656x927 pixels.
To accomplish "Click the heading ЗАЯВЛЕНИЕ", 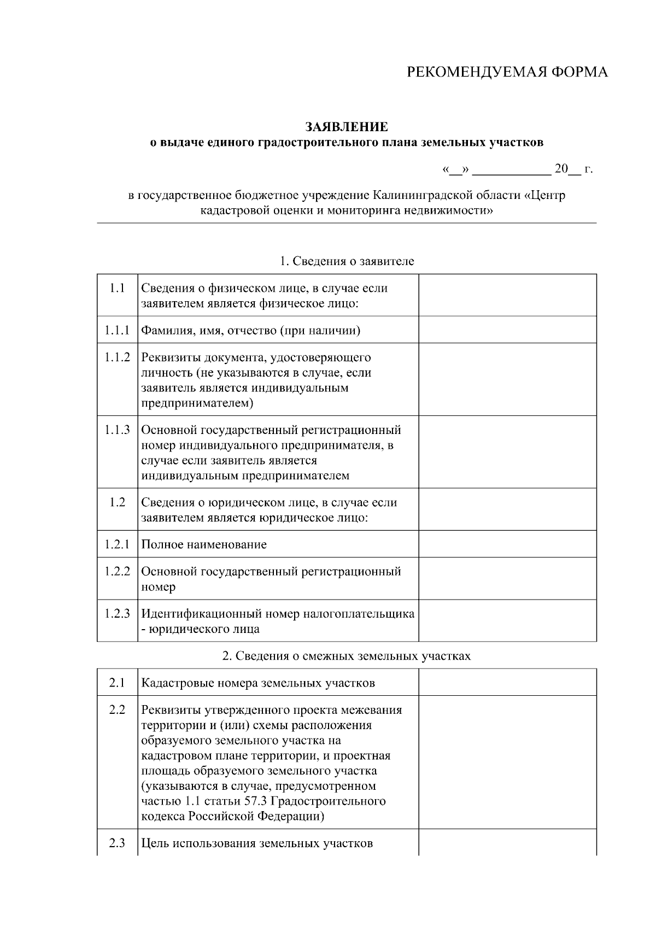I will [347, 127].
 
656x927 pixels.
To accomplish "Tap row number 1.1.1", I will [117, 330].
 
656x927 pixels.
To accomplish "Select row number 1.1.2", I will [117, 357].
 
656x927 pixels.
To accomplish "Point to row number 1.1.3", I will [117, 430].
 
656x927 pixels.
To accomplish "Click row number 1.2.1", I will [117, 544].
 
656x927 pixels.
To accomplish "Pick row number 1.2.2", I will [117, 571].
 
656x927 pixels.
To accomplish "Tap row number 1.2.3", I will [117, 614].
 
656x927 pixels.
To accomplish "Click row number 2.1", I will [117, 683].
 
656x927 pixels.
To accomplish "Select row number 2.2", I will [117, 710].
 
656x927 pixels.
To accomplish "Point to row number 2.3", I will [117, 843].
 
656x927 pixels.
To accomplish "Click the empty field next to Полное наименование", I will [507, 544].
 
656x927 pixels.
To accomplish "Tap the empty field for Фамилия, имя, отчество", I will [507, 330].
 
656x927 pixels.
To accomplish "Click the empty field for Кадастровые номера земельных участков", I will [507, 683].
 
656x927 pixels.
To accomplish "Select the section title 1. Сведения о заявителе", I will [347, 261].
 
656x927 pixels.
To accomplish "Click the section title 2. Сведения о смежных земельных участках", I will [347, 656].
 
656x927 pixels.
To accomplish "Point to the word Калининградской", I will [419, 195].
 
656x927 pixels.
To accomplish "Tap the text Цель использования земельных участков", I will [257, 843].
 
